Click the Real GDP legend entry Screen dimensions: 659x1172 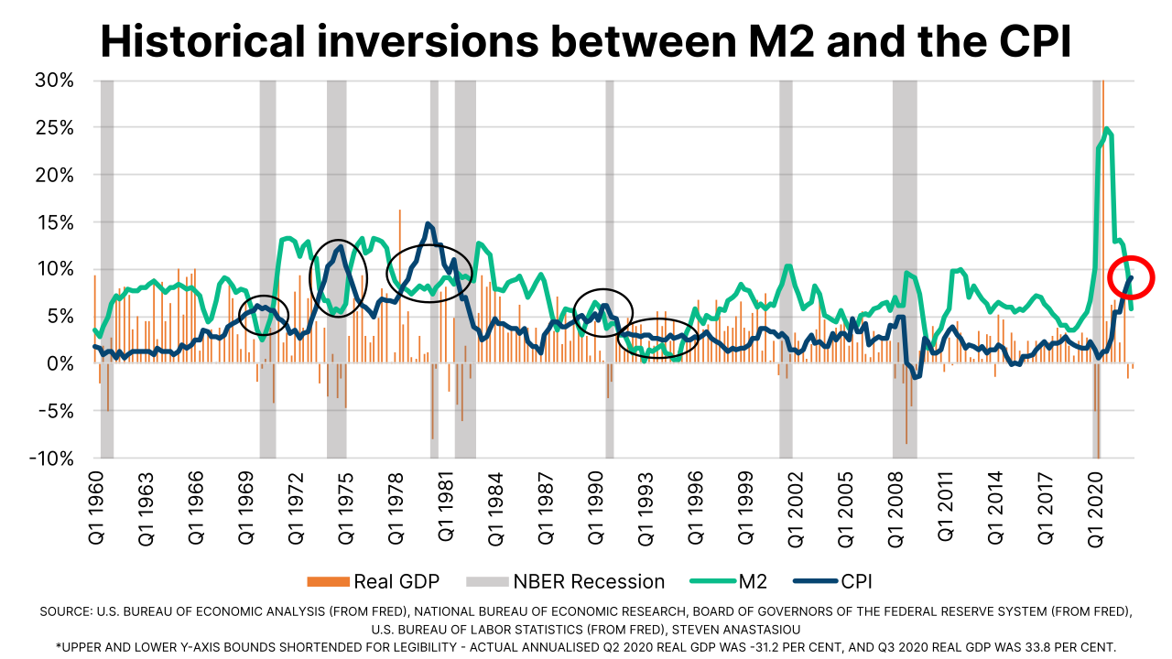coord(374,581)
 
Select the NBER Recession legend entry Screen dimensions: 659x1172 coord(565,581)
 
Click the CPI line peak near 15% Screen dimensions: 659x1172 coord(428,223)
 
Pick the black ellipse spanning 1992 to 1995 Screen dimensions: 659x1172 coord(657,339)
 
